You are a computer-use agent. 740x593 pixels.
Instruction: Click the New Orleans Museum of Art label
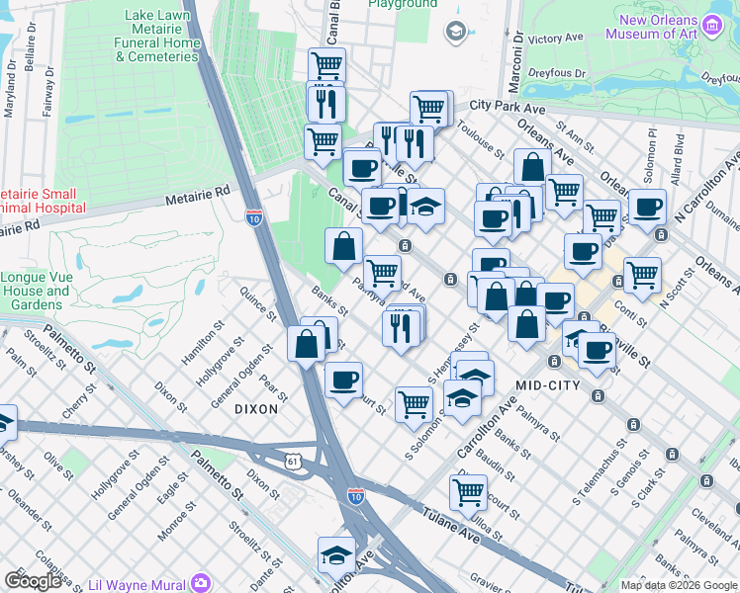(659, 28)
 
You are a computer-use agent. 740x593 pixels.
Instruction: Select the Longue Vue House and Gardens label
(35, 292)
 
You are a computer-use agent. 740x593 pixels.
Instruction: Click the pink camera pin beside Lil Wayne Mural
(203, 581)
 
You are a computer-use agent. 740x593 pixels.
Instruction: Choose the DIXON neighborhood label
(256, 408)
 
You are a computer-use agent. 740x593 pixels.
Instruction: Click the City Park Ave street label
(509, 105)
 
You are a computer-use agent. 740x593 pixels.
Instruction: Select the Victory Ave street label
(555, 40)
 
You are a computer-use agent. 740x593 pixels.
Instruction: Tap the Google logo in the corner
(33, 580)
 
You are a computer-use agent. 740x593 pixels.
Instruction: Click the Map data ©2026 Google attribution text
(679, 585)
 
